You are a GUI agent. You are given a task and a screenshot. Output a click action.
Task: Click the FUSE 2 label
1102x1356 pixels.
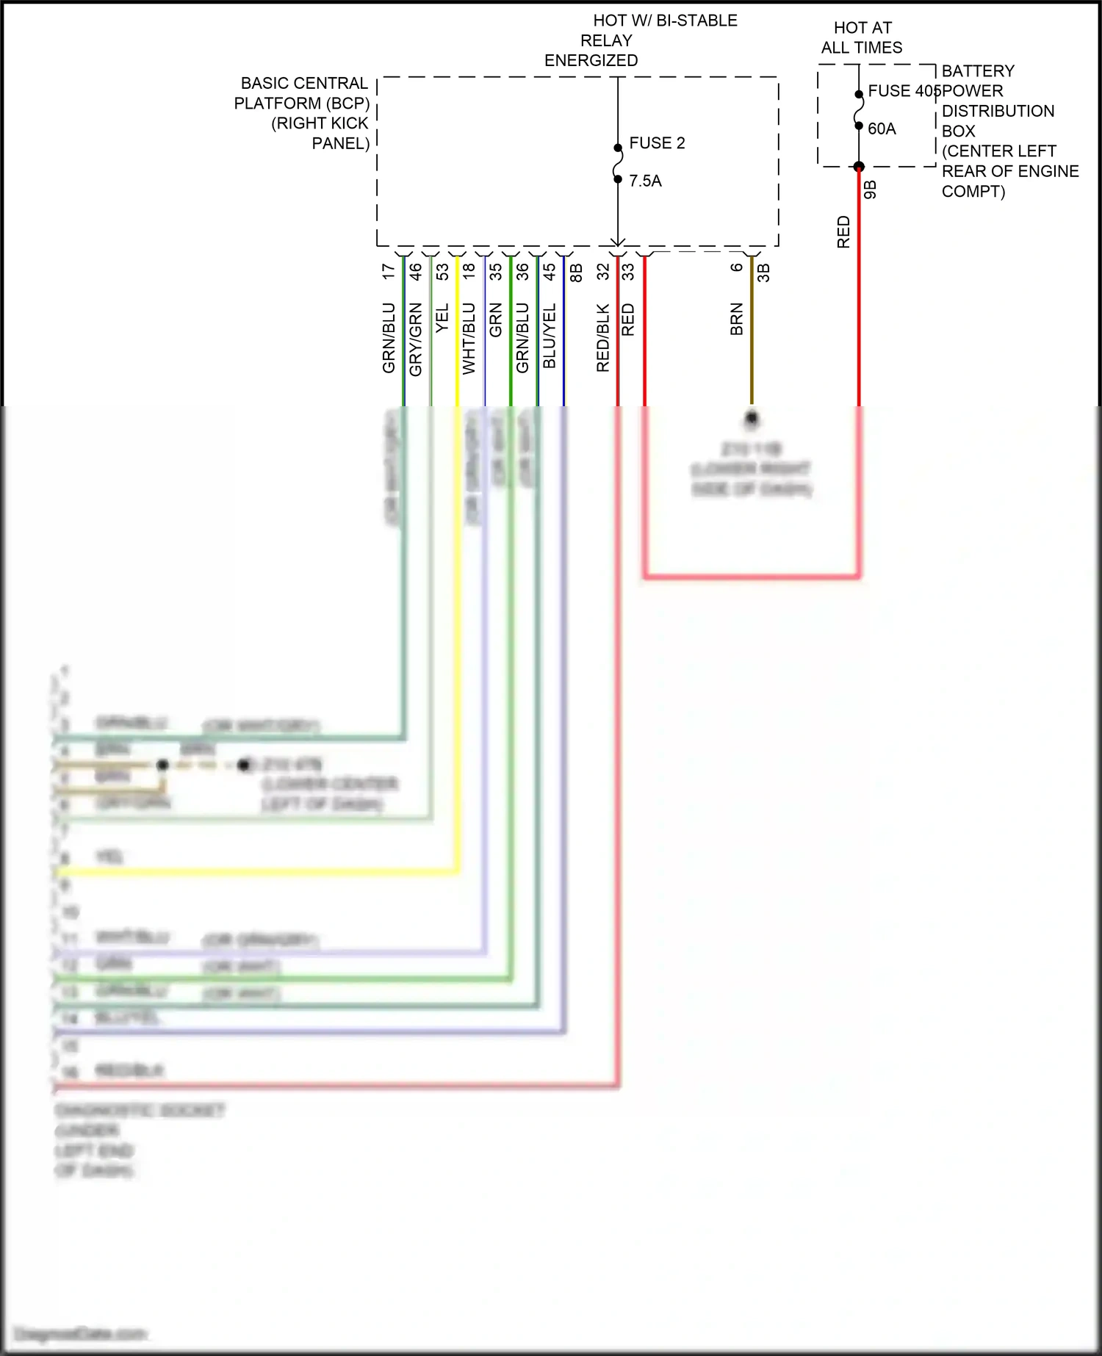click(x=657, y=143)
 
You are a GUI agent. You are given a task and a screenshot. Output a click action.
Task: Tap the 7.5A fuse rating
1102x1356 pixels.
click(x=645, y=181)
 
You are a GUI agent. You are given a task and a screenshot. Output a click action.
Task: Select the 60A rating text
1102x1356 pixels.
click(x=882, y=129)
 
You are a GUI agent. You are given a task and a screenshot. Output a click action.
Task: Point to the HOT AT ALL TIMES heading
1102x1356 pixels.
click(x=862, y=37)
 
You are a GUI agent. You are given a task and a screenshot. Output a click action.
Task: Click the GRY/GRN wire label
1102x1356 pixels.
click(x=416, y=339)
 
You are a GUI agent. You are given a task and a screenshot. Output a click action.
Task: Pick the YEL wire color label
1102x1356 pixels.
click(x=442, y=318)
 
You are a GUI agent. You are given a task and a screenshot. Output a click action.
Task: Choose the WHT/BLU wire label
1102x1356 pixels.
click(x=469, y=339)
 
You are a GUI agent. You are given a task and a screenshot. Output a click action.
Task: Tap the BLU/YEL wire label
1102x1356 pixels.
click(x=550, y=336)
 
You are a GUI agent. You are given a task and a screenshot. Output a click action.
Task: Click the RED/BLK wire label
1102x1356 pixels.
click(x=603, y=338)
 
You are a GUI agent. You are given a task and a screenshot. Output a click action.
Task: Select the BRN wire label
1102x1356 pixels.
click(x=737, y=320)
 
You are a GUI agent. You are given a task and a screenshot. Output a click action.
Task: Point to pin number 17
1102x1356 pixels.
click(x=389, y=272)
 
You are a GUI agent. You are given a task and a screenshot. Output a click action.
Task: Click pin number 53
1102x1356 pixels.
click(x=442, y=272)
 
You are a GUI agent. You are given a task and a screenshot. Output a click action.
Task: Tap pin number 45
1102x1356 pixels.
click(x=550, y=272)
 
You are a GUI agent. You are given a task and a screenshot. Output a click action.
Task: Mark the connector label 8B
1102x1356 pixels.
click(x=577, y=273)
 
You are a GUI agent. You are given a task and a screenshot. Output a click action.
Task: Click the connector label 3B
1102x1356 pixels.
click(x=764, y=273)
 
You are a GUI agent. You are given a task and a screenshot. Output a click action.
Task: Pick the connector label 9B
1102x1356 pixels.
click(x=871, y=190)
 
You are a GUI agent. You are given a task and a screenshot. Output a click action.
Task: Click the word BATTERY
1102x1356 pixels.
click(x=978, y=71)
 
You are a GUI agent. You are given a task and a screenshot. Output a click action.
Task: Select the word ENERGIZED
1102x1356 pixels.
click(x=591, y=60)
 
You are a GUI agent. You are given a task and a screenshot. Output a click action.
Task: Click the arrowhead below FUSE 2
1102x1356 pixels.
click(x=618, y=242)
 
